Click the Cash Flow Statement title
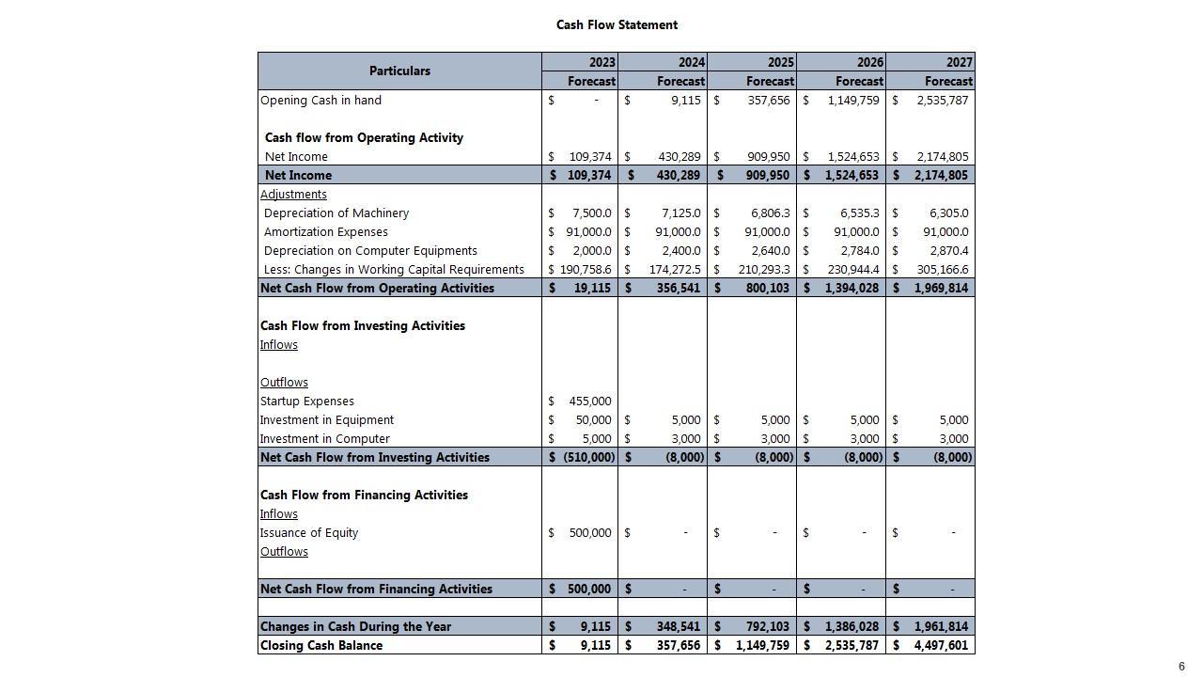[x=617, y=25]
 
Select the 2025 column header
[x=780, y=62]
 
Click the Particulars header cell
[x=399, y=71]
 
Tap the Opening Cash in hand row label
[x=320, y=101]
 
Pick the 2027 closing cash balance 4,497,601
[x=941, y=646]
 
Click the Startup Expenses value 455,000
[x=590, y=401]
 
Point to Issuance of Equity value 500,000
[x=590, y=533]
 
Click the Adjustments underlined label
[x=293, y=195]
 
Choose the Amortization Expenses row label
[x=325, y=232]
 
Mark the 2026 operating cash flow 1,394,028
[x=852, y=289]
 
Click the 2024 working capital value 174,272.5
[x=674, y=270]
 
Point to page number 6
[x=1181, y=667]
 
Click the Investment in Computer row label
[x=325, y=439]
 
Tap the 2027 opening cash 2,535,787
[x=942, y=101]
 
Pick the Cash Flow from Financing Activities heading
[x=364, y=496]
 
